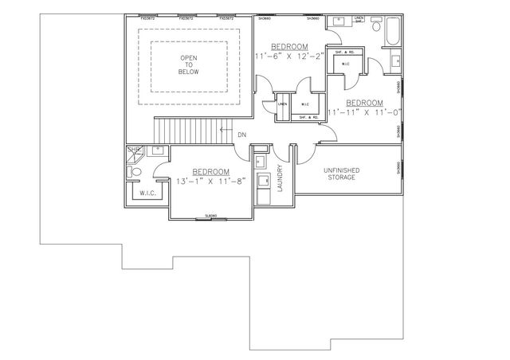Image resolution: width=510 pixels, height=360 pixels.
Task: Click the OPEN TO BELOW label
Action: [x=189, y=65]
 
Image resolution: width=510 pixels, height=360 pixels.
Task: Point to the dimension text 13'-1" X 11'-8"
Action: [x=210, y=182]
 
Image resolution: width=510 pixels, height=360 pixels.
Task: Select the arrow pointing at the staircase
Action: [x=226, y=130]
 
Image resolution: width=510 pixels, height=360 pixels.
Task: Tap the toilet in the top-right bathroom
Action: [x=395, y=57]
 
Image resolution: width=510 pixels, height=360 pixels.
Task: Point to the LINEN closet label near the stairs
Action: [x=282, y=104]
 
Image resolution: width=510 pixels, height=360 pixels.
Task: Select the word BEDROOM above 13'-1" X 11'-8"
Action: [x=210, y=172]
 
